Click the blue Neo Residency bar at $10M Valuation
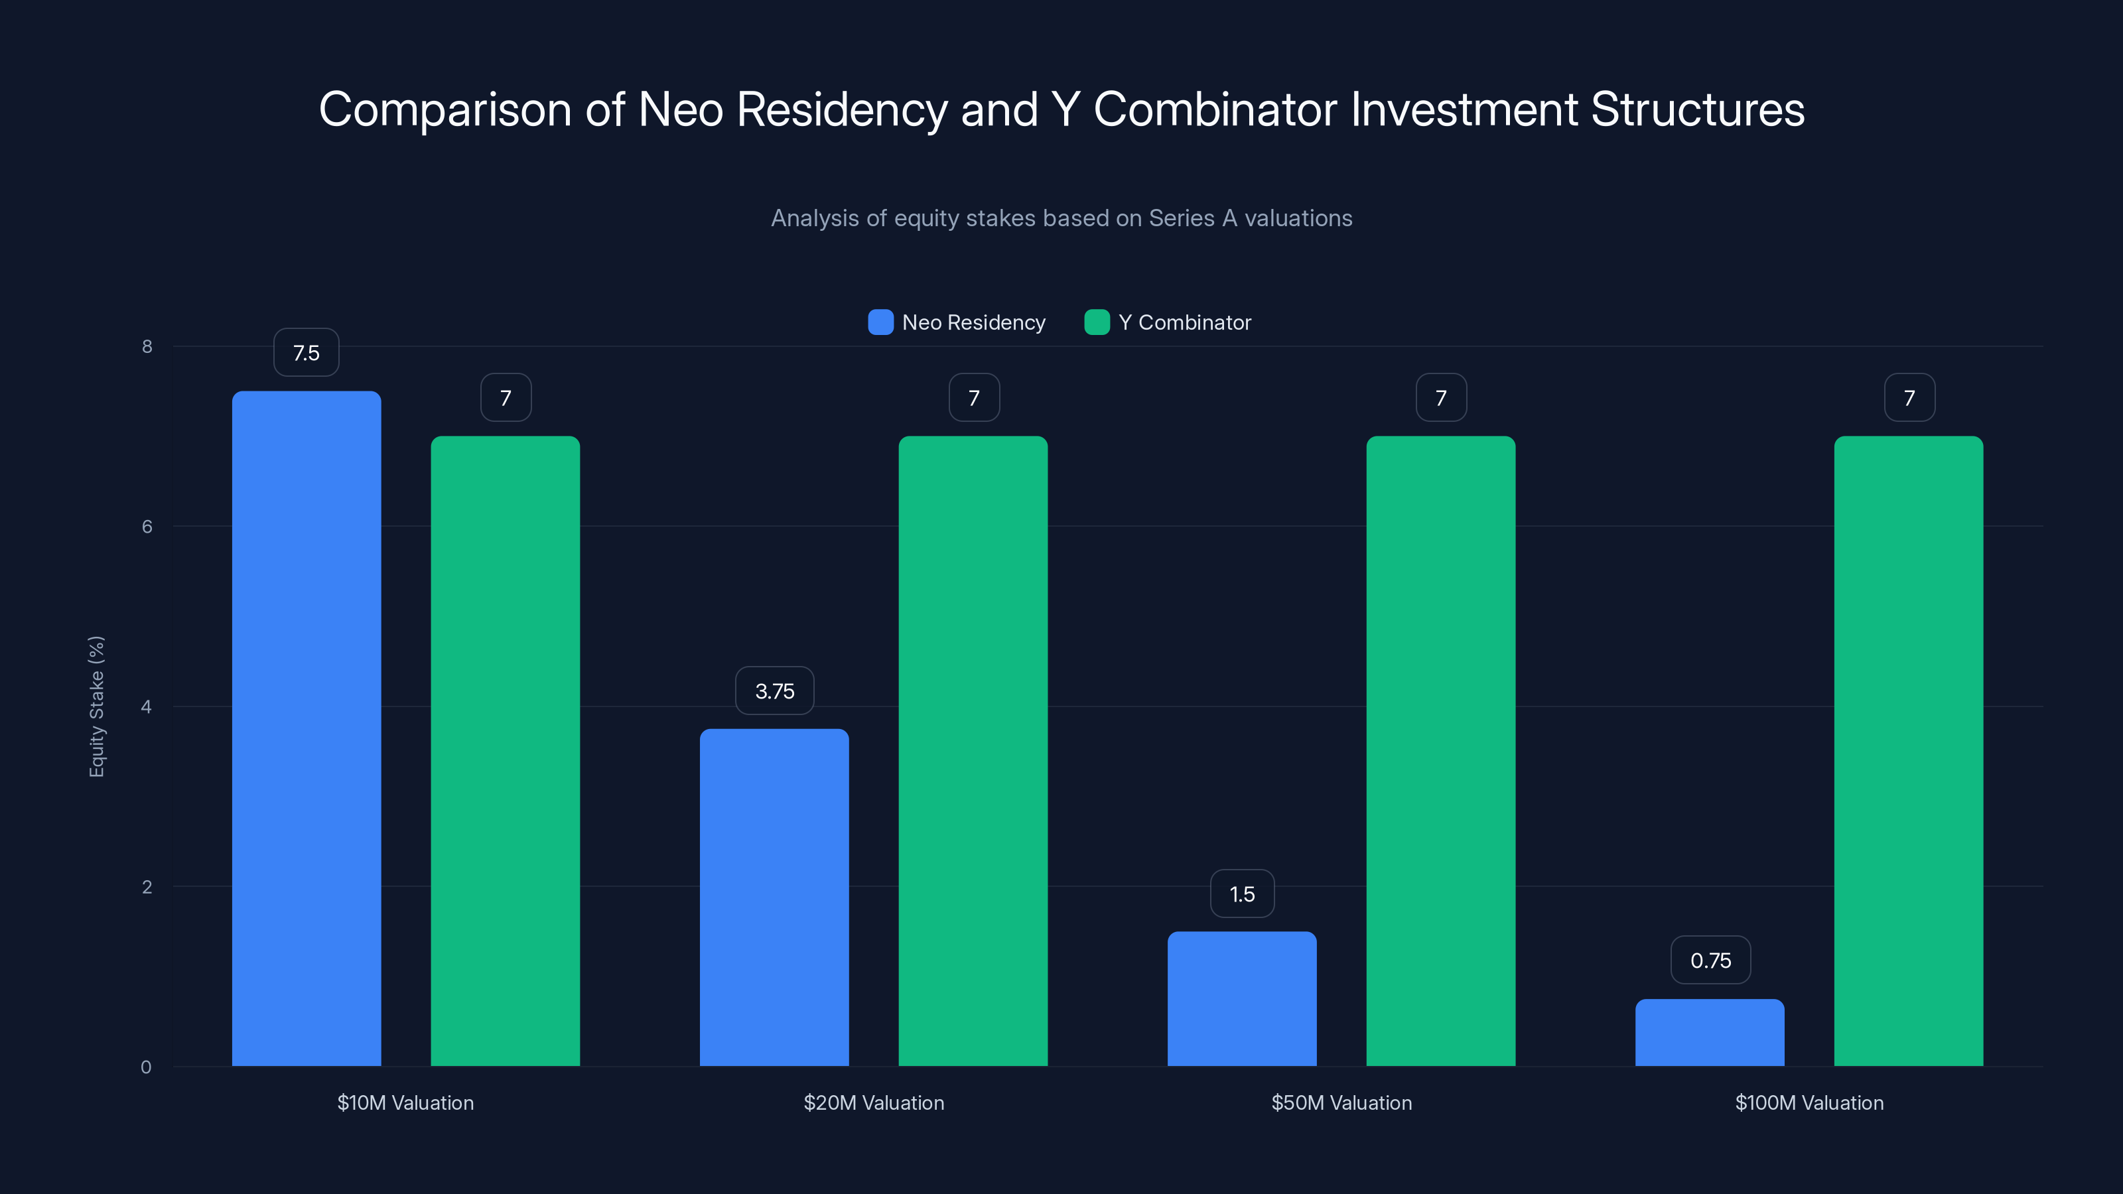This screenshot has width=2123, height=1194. tap(306, 728)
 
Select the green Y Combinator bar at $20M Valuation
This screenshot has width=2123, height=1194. tap(973, 751)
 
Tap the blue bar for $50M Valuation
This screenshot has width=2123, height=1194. tap(1241, 999)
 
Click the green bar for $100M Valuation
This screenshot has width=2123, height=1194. tap(1908, 751)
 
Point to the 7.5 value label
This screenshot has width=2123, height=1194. tap(306, 353)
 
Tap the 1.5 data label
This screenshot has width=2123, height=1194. tap(1241, 894)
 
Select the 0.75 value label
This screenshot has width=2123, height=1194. tap(1710, 960)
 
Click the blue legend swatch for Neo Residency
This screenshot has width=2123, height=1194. tap(880, 322)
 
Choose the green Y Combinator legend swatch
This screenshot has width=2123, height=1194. tap(1097, 322)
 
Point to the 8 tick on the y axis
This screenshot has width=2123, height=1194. tap(147, 346)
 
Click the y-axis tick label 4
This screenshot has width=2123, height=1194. tap(147, 706)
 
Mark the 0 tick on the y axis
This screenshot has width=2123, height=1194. tap(146, 1067)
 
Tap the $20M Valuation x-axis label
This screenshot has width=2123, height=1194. tap(874, 1102)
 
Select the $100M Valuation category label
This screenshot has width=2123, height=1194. tap(1809, 1102)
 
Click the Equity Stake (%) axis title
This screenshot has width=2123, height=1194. tap(96, 706)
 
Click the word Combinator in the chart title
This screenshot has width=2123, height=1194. tap(1215, 109)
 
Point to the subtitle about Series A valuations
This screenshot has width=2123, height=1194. tap(1061, 218)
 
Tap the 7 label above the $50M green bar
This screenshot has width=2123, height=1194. tap(1440, 398)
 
